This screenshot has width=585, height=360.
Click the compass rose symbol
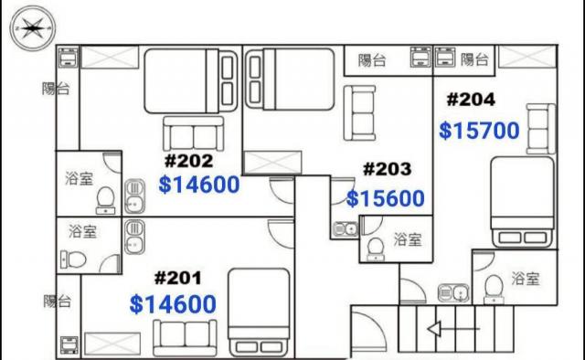coord(33,28)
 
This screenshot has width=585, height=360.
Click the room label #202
coord(189,161)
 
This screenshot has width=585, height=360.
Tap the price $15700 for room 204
coord(479,131)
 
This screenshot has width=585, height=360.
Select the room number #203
coord(388,169)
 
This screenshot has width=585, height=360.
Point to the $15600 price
coord(386,198)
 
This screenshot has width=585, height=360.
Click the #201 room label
coord(178,278)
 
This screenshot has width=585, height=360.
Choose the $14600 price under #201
coord(173,304)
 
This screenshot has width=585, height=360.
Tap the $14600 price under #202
coord(199,185)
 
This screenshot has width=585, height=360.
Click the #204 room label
coord(471,100)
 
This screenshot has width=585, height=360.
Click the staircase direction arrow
coord(453,329)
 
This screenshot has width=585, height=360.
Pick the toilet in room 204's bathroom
coord(494,290)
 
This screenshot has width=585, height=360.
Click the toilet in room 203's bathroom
coord(376,249)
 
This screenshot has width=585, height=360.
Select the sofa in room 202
coord(193,133)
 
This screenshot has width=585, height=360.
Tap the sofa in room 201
coord(185,338)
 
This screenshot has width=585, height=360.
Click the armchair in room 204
coord(540,129)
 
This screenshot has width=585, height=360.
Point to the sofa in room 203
coord(359,113)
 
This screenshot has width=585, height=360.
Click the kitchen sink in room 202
coord(134,196)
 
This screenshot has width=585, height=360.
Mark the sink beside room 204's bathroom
coord(453,293)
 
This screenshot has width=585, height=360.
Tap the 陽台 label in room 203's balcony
coord(372,60)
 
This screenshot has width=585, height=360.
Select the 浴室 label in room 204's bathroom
coord(526,279)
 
